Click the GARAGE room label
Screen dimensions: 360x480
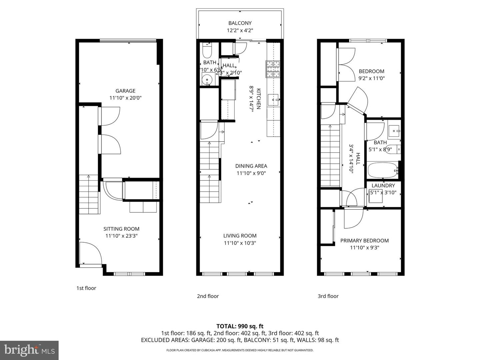125,91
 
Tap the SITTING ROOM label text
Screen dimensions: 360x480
121,229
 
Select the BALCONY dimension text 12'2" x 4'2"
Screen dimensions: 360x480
240,30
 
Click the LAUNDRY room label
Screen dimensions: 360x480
383,186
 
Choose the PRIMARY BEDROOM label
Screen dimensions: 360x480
364,240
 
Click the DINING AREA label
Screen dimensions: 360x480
251,166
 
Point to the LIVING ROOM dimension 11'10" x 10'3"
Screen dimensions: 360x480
240,243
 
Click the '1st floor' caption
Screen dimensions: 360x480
86,288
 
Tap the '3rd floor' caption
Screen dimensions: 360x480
328,296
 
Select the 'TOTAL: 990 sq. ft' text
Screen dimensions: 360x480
240,326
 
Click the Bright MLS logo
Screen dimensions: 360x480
29,350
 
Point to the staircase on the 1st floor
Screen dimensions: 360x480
89,195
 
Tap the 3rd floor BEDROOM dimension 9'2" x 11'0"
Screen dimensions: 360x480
371,78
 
